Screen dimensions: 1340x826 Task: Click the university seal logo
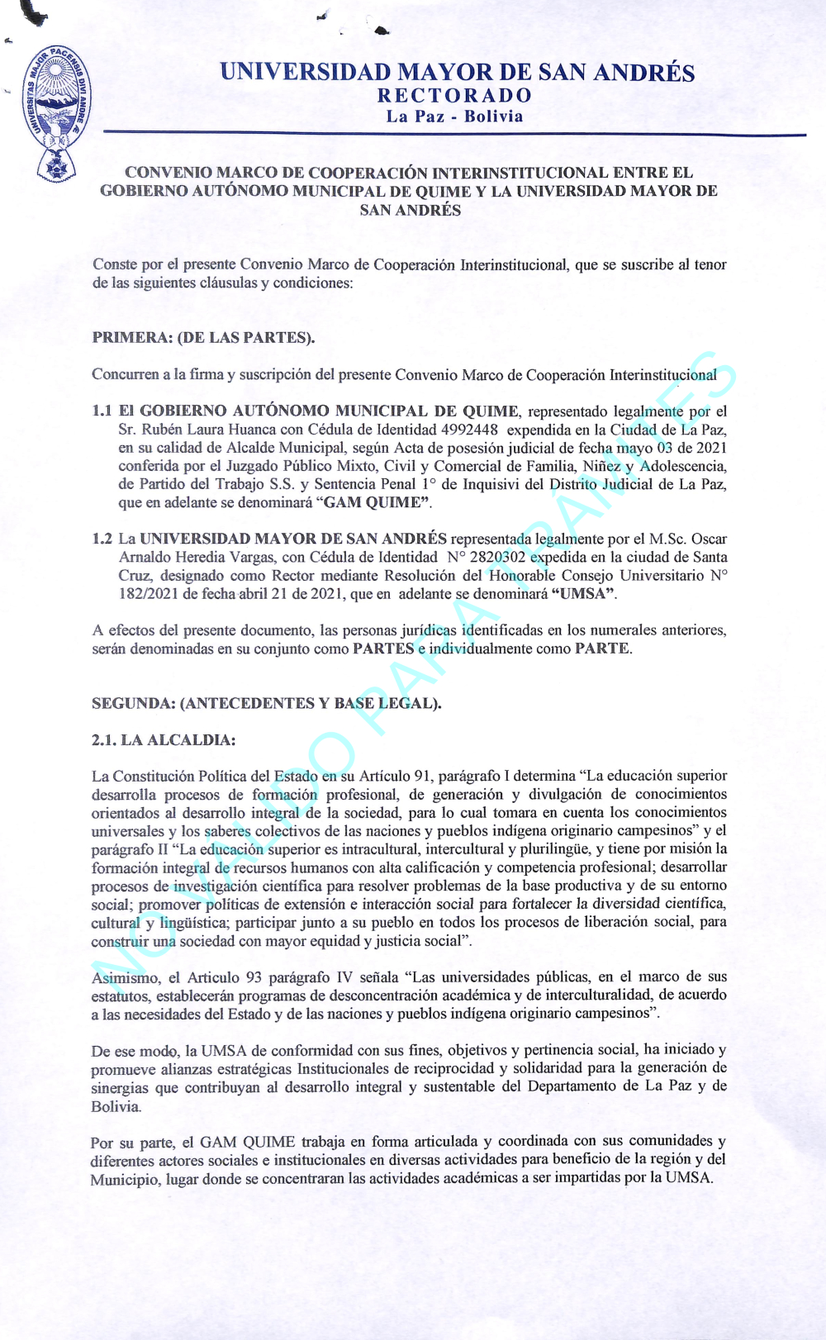tap(57, 112)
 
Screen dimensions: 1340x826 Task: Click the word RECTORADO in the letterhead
tap(454, 96)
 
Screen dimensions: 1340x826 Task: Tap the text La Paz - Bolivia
tap(454, 116)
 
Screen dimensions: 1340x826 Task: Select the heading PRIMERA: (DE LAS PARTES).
tap(203, 337)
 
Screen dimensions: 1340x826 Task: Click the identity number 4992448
tap(469, 430)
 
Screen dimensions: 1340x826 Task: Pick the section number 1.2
tap(102, 539)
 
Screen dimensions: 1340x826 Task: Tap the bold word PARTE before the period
tap(602, 649)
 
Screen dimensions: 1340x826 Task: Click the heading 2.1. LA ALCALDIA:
tap(164, 739)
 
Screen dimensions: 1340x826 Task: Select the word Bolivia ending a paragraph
tap(116, 1106)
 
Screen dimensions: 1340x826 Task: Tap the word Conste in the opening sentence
tap(115, 264)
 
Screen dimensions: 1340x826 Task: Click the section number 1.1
tap(102, 411)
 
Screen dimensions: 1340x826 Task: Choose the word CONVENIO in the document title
tap(167, 173)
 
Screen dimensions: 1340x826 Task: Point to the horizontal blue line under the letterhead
tap(454, 133)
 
